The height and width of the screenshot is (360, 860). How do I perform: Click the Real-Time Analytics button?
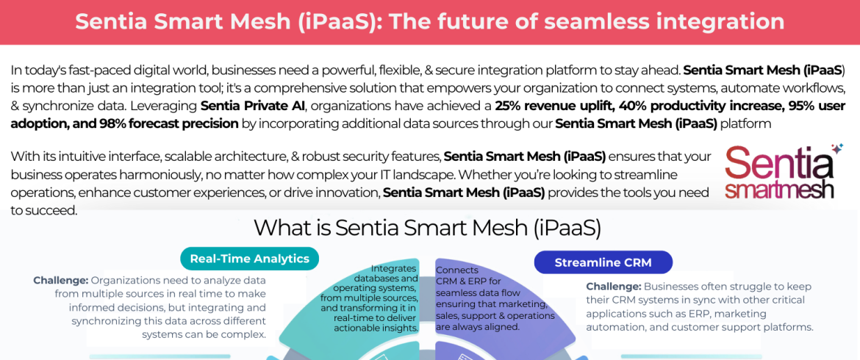(x=250, y=259)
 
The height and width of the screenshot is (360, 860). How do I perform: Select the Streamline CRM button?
(x=603, y=262)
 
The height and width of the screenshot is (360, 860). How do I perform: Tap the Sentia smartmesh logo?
(x=779, y=173)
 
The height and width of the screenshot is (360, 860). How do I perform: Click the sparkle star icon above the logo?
(x=836, y=148)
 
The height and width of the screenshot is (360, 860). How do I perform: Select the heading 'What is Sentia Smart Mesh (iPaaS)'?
(x=427, y=228)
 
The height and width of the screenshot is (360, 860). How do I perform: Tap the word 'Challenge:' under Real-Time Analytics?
(x=61, y=280)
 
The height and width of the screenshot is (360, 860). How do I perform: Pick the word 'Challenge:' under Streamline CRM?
(x=614, y=287)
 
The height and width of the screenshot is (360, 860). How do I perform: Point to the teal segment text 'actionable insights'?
(x=376, y=328)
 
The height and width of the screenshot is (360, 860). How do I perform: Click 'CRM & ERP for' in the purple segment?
(x=465, y=281)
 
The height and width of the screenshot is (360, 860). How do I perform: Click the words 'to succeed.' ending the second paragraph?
(x=42, y=210)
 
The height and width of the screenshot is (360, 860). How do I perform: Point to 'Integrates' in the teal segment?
(x=395, y=268)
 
